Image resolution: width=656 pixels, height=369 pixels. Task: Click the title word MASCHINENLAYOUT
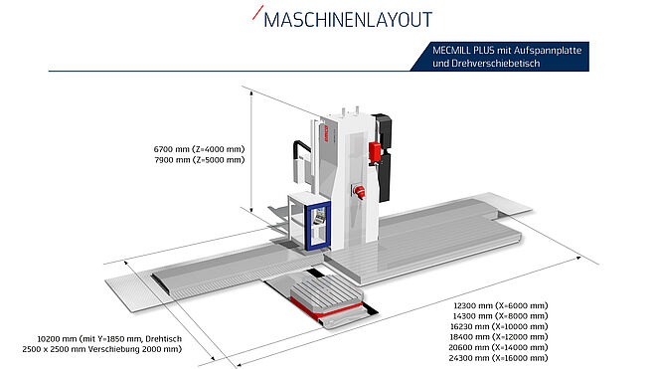(348, 20)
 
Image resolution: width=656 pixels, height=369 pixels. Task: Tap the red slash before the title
(257, 13)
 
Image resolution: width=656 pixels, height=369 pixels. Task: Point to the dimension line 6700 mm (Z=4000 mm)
(199, 149)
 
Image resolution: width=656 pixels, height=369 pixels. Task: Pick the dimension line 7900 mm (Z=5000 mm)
(199, 159)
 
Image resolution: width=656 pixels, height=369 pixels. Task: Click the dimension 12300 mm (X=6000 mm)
(501, 305)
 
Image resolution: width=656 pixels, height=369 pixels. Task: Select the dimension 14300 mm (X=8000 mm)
(501, 316)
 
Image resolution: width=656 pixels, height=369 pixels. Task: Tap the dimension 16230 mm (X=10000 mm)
(499, 326)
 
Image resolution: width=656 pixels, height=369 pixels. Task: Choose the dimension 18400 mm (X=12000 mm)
(499, 337)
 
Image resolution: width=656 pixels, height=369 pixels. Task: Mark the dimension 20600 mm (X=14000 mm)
(499, 347)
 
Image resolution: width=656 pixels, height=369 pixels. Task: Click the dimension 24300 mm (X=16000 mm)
(499, 358)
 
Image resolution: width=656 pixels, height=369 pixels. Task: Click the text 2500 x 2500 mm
(52, 349)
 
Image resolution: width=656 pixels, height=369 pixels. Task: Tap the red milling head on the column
(360, 192)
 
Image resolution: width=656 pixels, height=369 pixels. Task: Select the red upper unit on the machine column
(375, 151)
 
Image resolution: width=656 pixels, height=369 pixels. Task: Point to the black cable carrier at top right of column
(384, 156)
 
